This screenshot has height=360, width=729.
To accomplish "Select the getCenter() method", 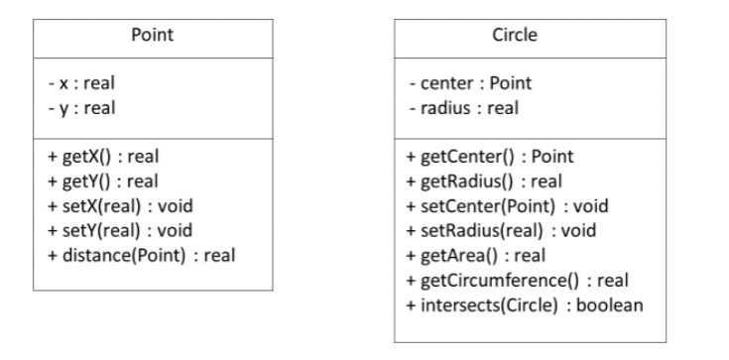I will (490, 157).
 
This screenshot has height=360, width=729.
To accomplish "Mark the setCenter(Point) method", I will (507, 206).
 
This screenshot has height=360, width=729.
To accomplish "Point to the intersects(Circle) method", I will (525, 304).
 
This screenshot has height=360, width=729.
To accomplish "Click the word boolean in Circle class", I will (614, 304).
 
